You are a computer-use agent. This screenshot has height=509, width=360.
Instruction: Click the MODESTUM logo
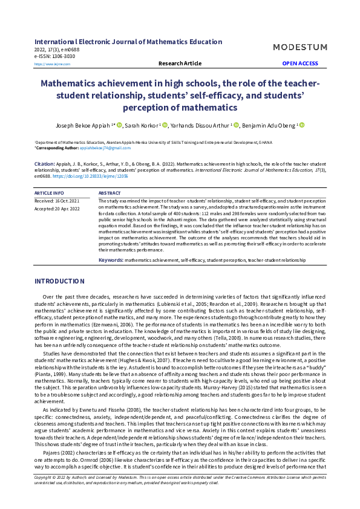pyautogui.click(x=299, y=47)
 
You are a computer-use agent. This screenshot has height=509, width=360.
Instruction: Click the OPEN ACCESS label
pyautogui.click(x=299, y=63)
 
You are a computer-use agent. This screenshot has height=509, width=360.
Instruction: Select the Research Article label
pyautogui.click(x=180, y=63)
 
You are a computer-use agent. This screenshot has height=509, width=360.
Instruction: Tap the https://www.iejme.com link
pyautogui.click(x=52, y=63)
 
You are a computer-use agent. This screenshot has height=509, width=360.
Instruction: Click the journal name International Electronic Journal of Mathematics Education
pyautogui.click(x=128, y=42)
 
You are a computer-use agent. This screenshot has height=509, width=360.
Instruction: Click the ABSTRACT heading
pyautogui.click(x=110, y=193)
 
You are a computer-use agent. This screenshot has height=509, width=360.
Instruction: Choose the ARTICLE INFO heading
pyautogui.click(x=50, y=193)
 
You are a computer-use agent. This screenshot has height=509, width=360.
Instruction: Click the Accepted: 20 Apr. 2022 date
pyautogui.click(x=57, y=208)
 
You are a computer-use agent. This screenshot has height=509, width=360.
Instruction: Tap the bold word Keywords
pyautogui.click(x=111, y=259)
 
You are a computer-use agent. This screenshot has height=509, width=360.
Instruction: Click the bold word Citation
pyautogui.click(x=44, y=164)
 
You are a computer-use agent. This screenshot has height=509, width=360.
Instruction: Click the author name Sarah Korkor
pyautogui.click(x=140, y=125)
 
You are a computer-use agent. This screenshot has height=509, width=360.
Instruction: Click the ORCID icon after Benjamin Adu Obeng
pyautogui.click(x=302, y=125)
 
